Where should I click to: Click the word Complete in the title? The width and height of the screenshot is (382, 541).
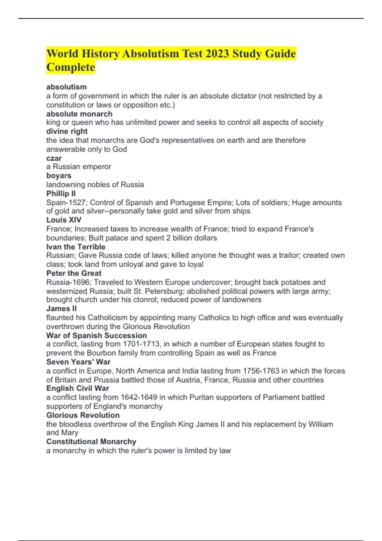pos(71,67)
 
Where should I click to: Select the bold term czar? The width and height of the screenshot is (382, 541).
pos(54,158)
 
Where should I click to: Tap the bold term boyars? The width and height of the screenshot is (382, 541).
pos(59,176)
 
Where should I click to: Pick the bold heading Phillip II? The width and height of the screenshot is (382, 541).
pos(61,193)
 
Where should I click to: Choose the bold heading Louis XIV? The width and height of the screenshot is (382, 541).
pos(64,220)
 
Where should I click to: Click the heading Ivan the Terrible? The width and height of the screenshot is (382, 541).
pos(76,247)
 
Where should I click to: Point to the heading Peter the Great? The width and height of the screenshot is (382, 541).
pos(74,273)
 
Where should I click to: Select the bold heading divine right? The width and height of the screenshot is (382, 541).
pos(67,131)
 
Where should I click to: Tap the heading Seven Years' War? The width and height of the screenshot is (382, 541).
pos(78,362)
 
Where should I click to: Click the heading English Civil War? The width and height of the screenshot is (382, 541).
pos(78,388)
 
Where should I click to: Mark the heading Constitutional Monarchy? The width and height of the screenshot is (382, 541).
pos(91,442)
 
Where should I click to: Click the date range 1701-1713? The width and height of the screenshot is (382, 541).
pos(141,344)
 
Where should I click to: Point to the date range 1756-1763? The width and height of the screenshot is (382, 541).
pos(261,371)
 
